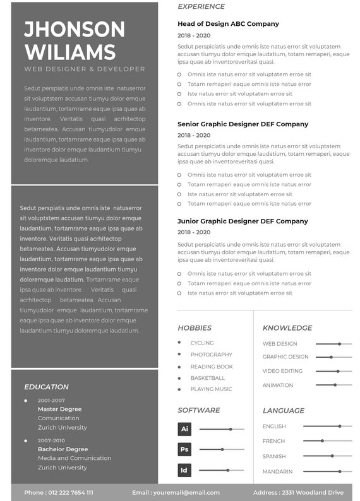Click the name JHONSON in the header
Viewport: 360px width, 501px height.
pyautogui.click(x=75, y=29)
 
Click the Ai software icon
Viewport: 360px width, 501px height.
pyautogui.click(x=184, y=429)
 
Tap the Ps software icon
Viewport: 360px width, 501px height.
pyautogui.click(x=184, y=450)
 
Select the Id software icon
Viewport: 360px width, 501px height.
pyautogui.click(x=184, y=470)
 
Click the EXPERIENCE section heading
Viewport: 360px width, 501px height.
pyautogui.click(x=201, y=6)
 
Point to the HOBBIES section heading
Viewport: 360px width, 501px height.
pyautogui.click(x=195, y=328)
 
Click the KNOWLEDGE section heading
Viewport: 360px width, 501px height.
pyautogui.click(x=287, y=328)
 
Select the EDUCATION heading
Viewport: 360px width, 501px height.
pyautogui.click(x=47, y=387)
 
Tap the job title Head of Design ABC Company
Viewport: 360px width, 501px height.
pyautogui.click(x=228, y=24)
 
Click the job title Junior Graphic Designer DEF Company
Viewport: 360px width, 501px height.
pyautogui.click(x=243, y=221)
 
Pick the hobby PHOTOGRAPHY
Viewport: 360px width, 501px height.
pyautogui.click(x=212, y=355)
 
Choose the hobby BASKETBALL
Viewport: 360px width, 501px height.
pyautogui.click(x=208, y=378)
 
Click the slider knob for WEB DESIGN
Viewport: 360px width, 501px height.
pyautogui.click(x=339, y=344)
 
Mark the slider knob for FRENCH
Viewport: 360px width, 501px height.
pyautogui.click(x=322, y=441)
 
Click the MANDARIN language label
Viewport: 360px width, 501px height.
pyautogui.click(x=277, y=471)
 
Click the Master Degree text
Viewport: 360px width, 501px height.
pyautogui.click(x=59, y=409)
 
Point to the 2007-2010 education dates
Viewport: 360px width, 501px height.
pyautogui.click(x=51, y=440)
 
